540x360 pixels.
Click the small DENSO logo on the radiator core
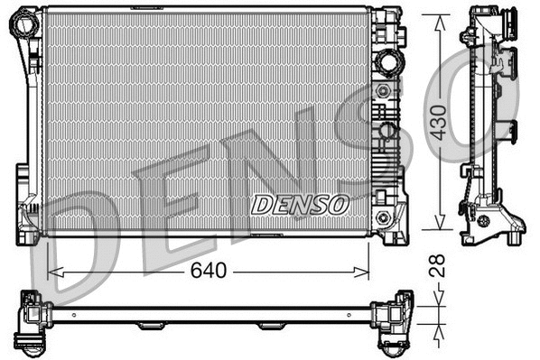pyautogui.click(x=300, y=205)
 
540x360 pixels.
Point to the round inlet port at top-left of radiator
pyautogui.click(x=22, y=25)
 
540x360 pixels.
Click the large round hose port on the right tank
pyautogui.click(x=388, y=63)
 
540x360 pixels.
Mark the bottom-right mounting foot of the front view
pyautogui.click(x=394, y=235)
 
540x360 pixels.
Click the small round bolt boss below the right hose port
pyautogui.click(x=387, y=91)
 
